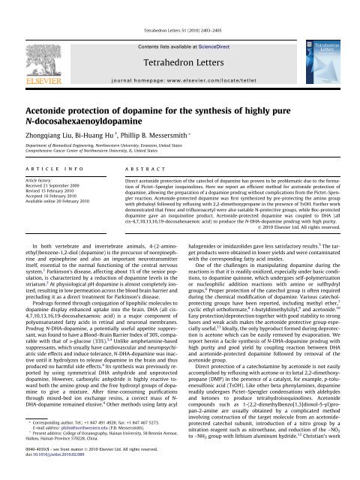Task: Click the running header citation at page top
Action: pos(179,8)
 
